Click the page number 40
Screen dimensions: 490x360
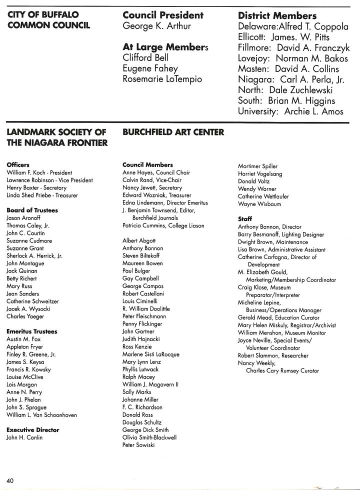coord(10,480)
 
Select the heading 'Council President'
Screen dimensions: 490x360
coord(163,15)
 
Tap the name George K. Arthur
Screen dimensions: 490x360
coord(156,26)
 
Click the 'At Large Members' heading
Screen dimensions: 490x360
coord(165,47)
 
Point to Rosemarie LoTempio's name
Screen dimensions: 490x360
coord(162,79)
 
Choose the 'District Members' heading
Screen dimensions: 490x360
coord(277,16)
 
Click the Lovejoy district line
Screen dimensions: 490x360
coord(293,58)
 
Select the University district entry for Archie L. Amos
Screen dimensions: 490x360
coord(290,111)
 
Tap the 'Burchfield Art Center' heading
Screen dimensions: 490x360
coord(173,132)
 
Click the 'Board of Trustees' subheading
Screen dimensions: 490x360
coord(32,210)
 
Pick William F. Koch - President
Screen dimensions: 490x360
coord(39,172)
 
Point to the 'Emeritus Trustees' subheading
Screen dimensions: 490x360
coord(31,331)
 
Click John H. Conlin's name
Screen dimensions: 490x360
coord(24,437)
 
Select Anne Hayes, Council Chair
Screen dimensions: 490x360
coord(156,172)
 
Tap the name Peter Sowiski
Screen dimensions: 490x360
coord(138,445)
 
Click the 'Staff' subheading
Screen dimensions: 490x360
coord(245,219)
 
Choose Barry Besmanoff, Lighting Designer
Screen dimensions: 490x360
coord(281,234)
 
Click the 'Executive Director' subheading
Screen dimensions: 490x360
coord(32,430)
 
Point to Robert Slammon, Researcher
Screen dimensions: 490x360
coord(273,355)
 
